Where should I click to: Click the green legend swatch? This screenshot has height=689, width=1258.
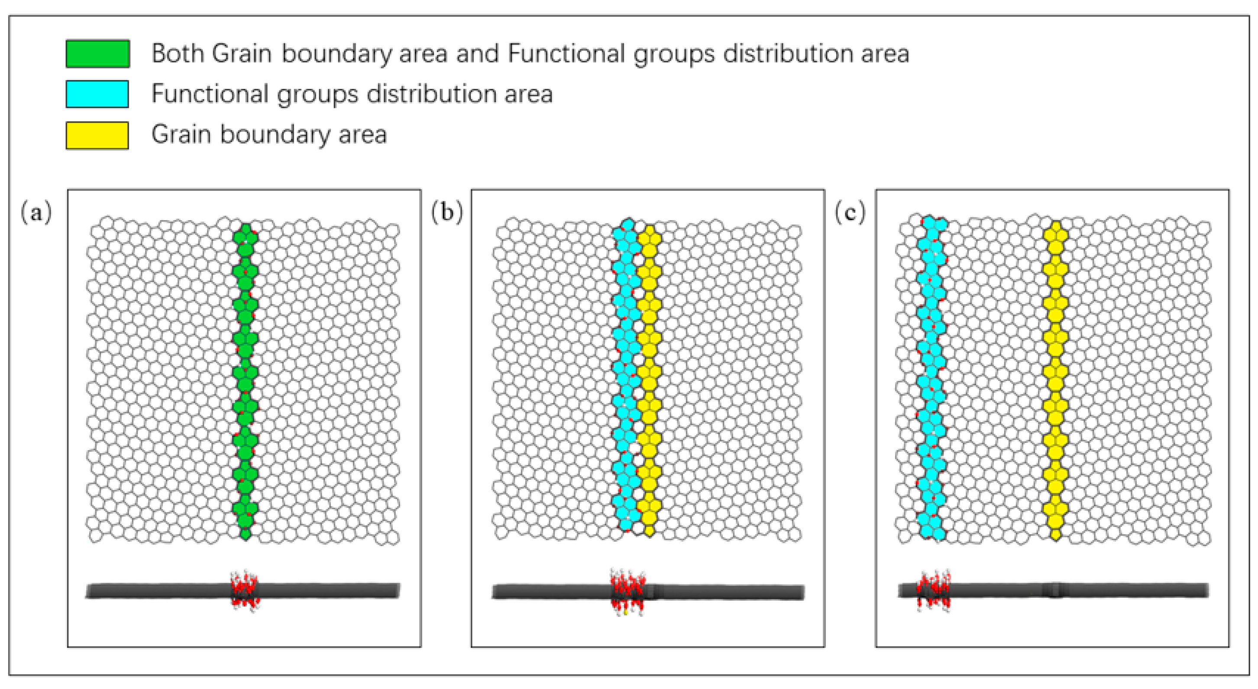[98, 54]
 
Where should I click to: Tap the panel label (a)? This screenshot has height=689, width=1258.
[36, 213]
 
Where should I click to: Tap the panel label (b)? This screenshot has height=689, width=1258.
[446, 213]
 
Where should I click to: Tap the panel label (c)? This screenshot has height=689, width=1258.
[850, 213]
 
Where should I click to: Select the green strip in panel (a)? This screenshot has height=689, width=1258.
[245, 381]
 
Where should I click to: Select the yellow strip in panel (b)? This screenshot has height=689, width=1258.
[649, 381]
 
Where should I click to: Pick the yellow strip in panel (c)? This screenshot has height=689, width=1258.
[1056, 381]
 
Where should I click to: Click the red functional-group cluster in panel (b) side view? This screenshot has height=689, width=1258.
[627, 591]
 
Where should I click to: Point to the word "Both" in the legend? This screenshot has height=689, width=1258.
[178, 53]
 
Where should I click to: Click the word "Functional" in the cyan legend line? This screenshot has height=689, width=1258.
[209, 94]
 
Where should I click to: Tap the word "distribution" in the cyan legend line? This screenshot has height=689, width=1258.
[431, 94]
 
